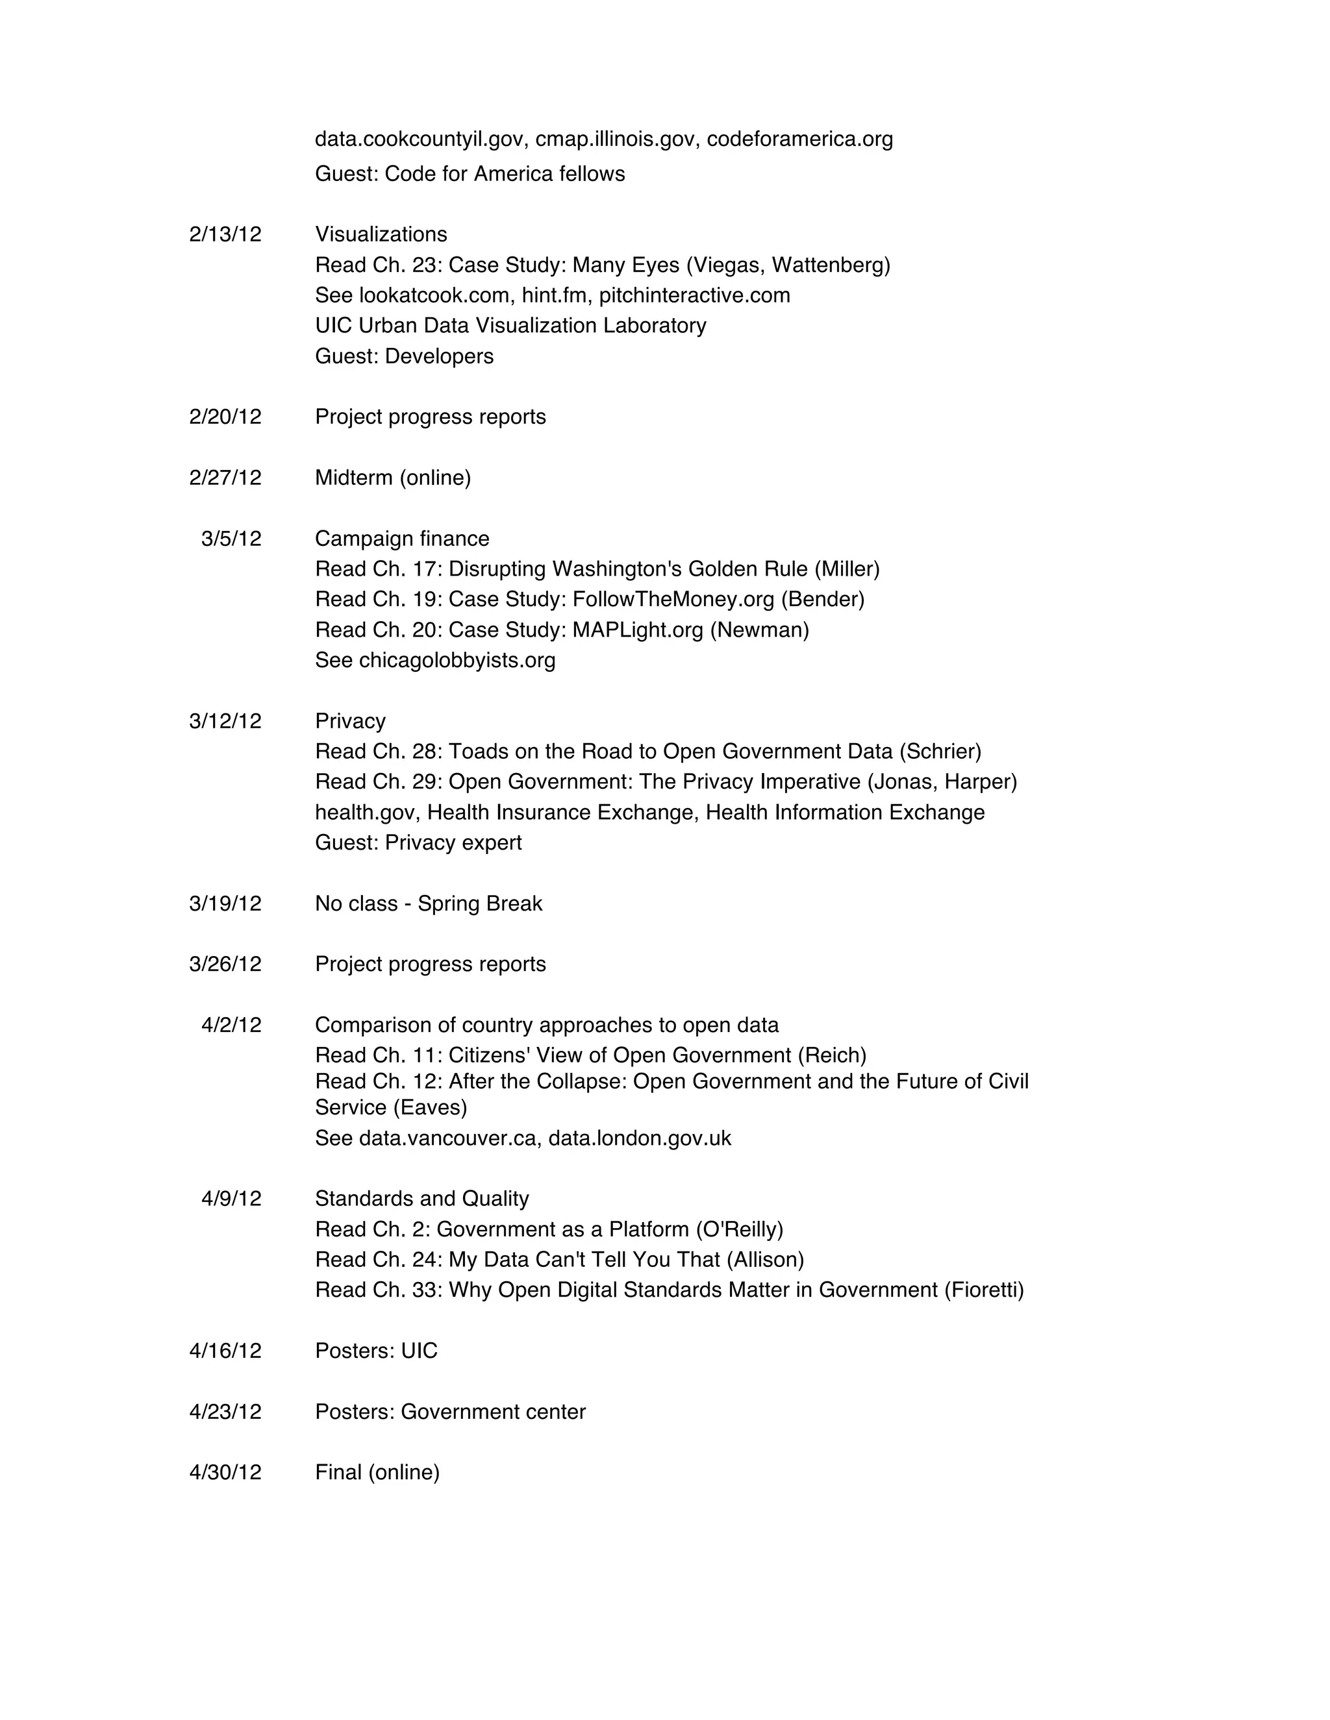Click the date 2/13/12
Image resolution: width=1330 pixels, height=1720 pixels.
[x=225, y=235]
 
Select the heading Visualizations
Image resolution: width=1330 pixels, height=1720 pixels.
[x=381, y=235]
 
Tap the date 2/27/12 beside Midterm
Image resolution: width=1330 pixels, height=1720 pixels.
[x=225, y=478]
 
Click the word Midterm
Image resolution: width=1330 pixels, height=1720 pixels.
[x=354, y=478]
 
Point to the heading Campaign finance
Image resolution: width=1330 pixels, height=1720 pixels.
[x=402, y=539]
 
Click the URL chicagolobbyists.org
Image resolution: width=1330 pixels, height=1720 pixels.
[x=457, y=660]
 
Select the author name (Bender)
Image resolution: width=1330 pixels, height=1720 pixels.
[x=823, y=599]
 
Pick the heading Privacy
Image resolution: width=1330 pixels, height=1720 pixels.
[x=350, y=721]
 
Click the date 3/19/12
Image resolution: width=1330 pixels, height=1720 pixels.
[x=225, y=903]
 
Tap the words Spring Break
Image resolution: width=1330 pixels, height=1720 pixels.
[x=480, y=903]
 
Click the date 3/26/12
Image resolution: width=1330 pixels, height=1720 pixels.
[x=225, y=964]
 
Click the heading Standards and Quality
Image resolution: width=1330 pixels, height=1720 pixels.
[x=421, y=1199]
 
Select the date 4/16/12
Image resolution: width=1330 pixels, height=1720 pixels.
[x=225, y=1351]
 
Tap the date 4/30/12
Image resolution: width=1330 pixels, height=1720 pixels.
[x=225, y=1473]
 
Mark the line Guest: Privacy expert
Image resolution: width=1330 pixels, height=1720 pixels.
[x=418, y=842]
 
